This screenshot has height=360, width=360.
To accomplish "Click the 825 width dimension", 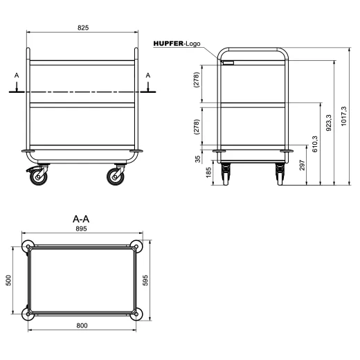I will pyautogui.click(x=82, y=28).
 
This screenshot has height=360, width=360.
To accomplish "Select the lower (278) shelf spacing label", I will pyautogui.click(x=197, y=126).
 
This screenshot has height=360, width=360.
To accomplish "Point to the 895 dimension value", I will pyautogui.click(x=82, y=232).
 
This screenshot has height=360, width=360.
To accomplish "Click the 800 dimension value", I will pyautogui.click(x=82, y=326).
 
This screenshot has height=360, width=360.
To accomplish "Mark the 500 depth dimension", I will pyautogui.click(x=9, y=280).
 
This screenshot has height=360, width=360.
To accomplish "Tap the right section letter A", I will pyautogui.click(x=147, y=77).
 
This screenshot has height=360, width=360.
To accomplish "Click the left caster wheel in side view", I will pyautogui.click(x=37, y=178).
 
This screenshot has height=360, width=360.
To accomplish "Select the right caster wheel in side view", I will pyautogui.click(x=114, y=178).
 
